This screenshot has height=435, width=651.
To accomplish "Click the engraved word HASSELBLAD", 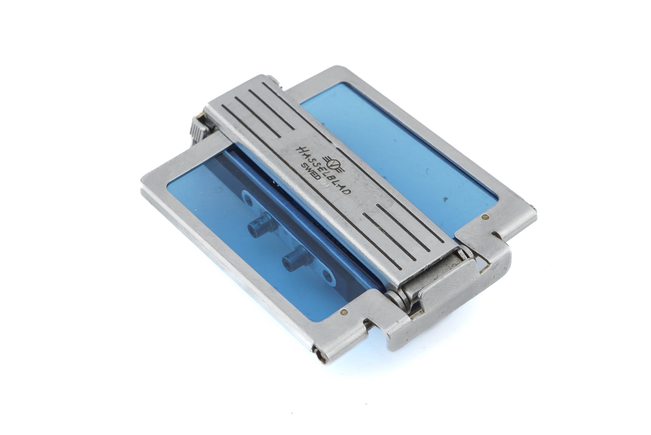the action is pos(323,169).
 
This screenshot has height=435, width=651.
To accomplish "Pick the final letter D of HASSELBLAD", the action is pos(347,190).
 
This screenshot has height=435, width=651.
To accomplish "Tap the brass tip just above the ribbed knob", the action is pos(200,115).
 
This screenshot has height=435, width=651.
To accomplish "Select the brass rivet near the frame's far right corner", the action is pos(484,217).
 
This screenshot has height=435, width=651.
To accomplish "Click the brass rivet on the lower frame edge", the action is pos(344,311).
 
